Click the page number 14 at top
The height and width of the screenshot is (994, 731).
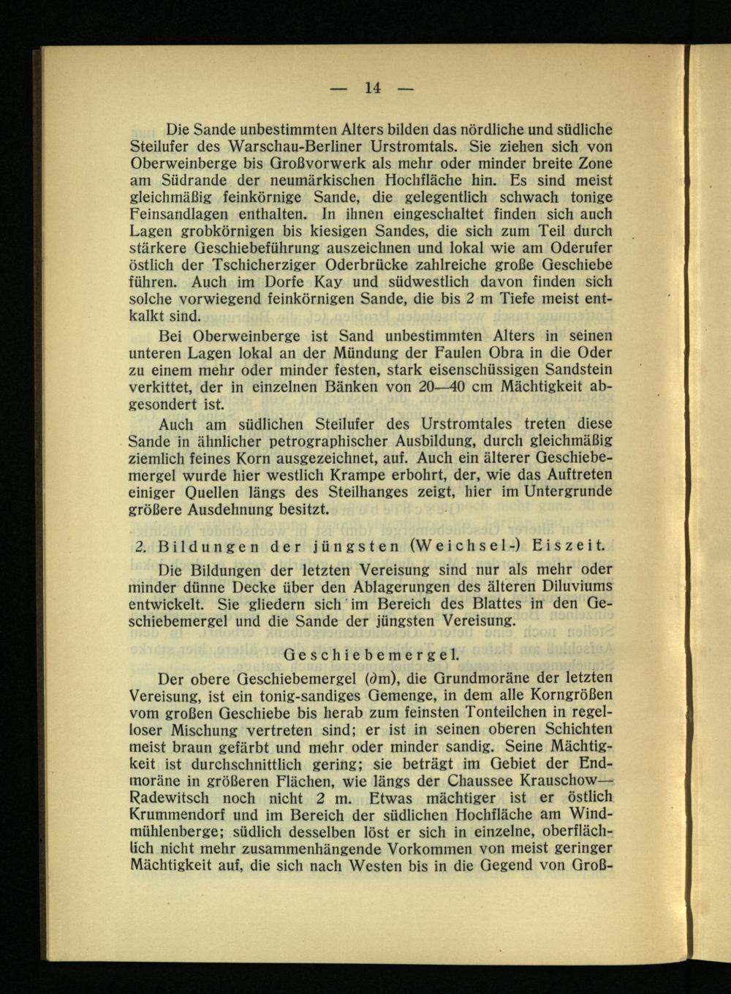click(373, 88)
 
